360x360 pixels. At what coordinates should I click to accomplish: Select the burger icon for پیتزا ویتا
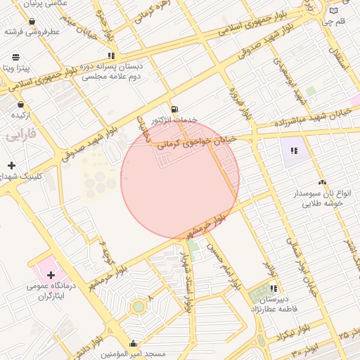[x=16, y=56]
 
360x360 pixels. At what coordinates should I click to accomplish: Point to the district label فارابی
[x=20, y=136]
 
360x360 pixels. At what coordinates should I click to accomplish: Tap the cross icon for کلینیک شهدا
[x=11, y=165]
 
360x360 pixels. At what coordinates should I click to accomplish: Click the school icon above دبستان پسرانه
[x=111, y=55]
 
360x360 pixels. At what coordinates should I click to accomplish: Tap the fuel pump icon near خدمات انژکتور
[x=174, y=109]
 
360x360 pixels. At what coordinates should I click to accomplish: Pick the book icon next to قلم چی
[x=334, y=11]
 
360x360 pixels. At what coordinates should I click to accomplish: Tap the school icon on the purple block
[x=293, y=150]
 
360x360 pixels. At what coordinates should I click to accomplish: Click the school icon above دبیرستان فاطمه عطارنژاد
[x=273, y=288]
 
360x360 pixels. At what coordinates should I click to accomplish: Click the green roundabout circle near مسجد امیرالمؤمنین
[x=139, y=307]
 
